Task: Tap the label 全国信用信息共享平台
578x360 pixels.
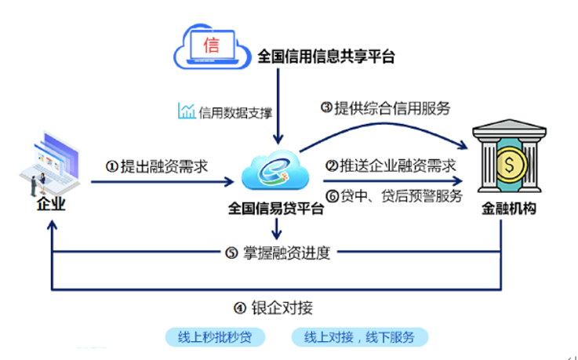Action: click(325, 56)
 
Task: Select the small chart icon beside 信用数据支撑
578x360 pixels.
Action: click(186, 111)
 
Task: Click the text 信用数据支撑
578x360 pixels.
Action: click(235, 111)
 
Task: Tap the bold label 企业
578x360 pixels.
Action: click(51, 205)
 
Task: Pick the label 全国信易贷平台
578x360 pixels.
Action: click(275, 210)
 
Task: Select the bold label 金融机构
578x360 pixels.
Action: click(510, 211)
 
